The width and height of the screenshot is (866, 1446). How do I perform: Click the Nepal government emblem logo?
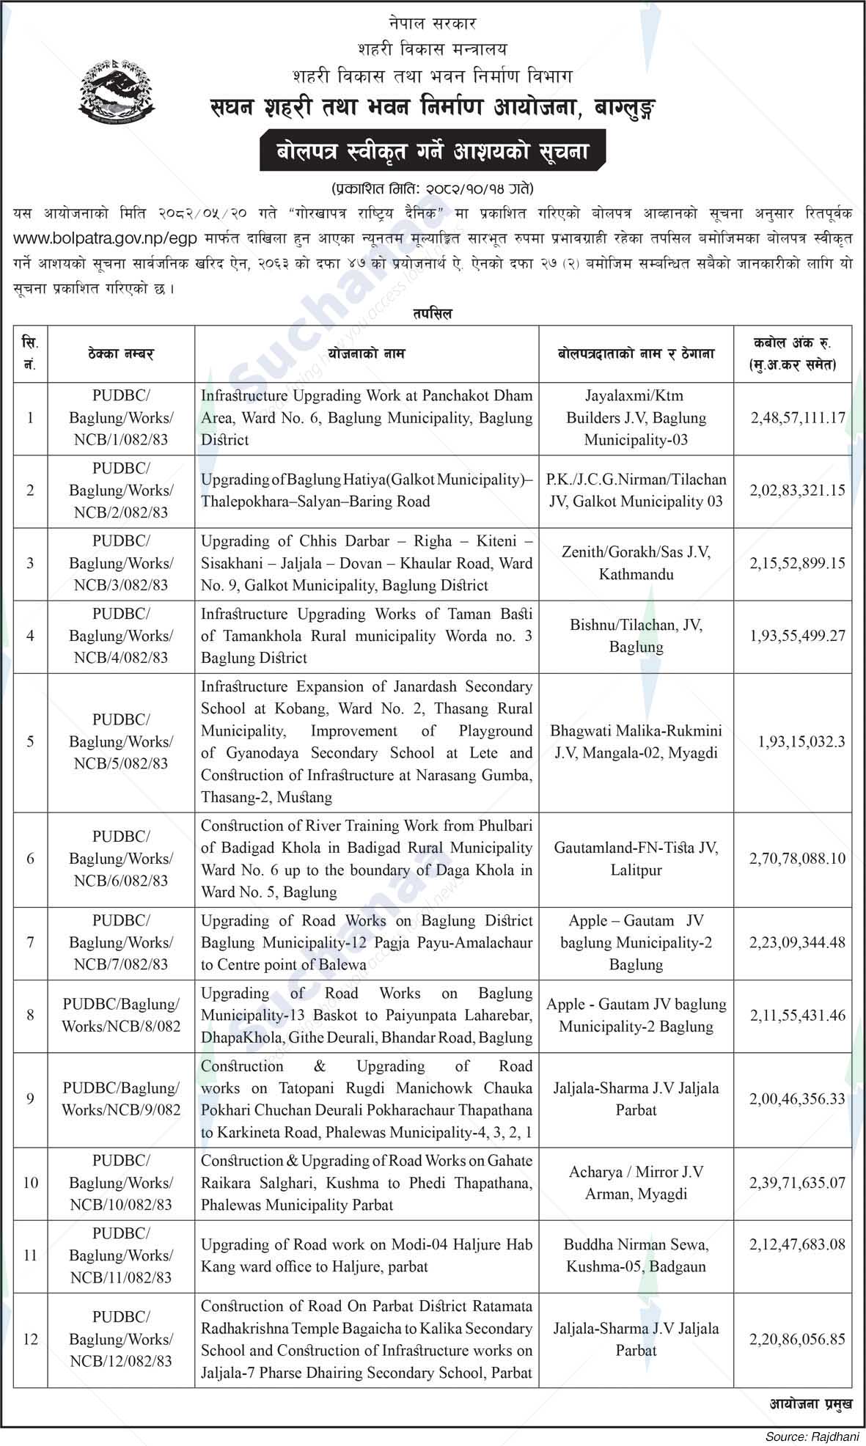coord(117,89)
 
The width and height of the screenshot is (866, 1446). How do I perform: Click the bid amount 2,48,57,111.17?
coord(798,418)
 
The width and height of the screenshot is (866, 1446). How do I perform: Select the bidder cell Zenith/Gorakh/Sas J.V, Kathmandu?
coord(636,563)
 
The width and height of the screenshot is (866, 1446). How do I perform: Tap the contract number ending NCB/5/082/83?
coord(121,741)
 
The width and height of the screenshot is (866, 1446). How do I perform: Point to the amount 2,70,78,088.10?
coord(797,858)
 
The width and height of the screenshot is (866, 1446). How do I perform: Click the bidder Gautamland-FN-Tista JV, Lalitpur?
coord(636,859)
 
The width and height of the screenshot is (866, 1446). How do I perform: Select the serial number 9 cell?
coord(30,1099)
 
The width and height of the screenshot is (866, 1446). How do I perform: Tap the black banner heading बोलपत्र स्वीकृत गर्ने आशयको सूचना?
coord(433,152)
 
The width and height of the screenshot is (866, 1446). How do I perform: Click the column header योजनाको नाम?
coord(367,354)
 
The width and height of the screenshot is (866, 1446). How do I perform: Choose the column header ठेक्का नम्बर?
coord(121,354)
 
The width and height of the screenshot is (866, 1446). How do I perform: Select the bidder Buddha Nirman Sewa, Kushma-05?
coord(636,1255)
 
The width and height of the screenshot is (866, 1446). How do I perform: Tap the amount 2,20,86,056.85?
coord(797,1339)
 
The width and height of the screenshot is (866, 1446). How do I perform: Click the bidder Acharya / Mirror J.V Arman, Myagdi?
coord(636,1183)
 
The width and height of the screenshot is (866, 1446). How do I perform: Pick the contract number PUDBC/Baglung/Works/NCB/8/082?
coord(121,1016)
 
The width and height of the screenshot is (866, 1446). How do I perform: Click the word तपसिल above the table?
coord(432,314)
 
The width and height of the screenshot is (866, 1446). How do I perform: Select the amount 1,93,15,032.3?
coord(801,741)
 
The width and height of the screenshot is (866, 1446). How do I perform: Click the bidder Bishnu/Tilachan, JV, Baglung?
coord(636,636)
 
